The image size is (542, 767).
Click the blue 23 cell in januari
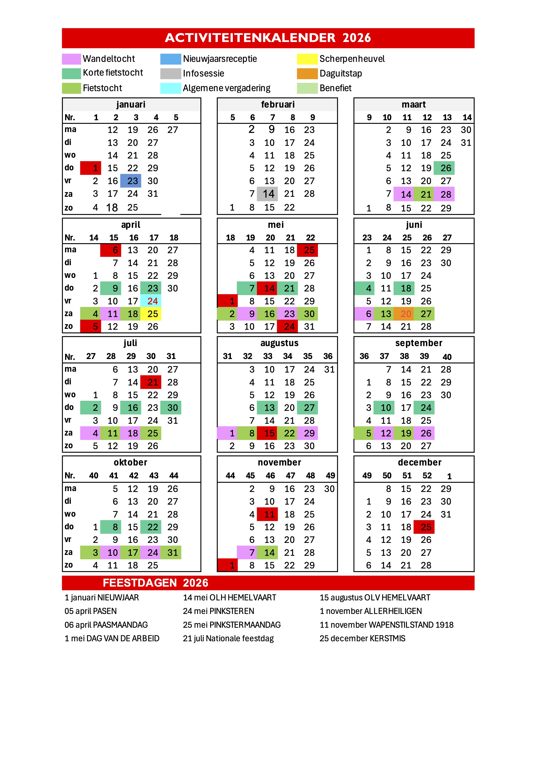[x=131, y=181]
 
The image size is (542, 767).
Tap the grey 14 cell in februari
[x=267, y=194]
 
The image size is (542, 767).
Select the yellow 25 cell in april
[x=151, y=314]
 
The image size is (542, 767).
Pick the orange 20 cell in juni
[x=404, y=314]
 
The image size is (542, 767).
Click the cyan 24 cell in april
[x=151, y=301]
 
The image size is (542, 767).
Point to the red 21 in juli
[x=151, y=382]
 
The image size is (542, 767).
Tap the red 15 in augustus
[x=267, y=433]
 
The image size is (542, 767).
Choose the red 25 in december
[x=424, y=527]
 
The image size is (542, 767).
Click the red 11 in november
[x=267, y=514]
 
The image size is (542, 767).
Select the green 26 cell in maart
[x=444, y=168]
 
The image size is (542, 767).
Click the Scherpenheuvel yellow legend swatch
[x=307, y=59]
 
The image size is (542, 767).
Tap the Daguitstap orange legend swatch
[x=307, y=73]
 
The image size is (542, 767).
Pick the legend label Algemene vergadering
[x=227, y=88]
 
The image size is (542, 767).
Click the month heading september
[x=418, y=343]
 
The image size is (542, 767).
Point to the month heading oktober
[x=130, y=462]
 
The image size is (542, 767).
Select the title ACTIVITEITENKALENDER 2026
[x=268, y=38]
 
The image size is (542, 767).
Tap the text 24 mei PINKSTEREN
[x=218, y=611]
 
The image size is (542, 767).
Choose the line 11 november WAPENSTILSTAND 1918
[x=386, y=625]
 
